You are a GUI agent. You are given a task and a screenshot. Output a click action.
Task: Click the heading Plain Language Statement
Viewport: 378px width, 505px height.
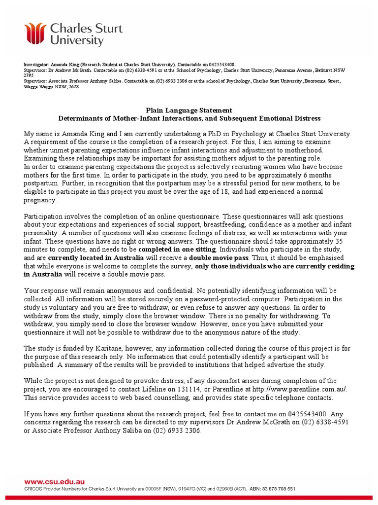pos(189,110)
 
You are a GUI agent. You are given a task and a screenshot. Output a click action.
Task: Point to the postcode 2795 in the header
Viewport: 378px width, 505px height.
pos(29,75)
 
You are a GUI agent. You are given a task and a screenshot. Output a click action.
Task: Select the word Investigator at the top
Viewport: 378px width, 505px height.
pos(37,65)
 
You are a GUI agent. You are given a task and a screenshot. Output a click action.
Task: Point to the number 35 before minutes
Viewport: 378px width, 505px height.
pos(338,242)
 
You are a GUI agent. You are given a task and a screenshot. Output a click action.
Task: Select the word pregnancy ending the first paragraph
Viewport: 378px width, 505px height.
pos(40,201)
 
